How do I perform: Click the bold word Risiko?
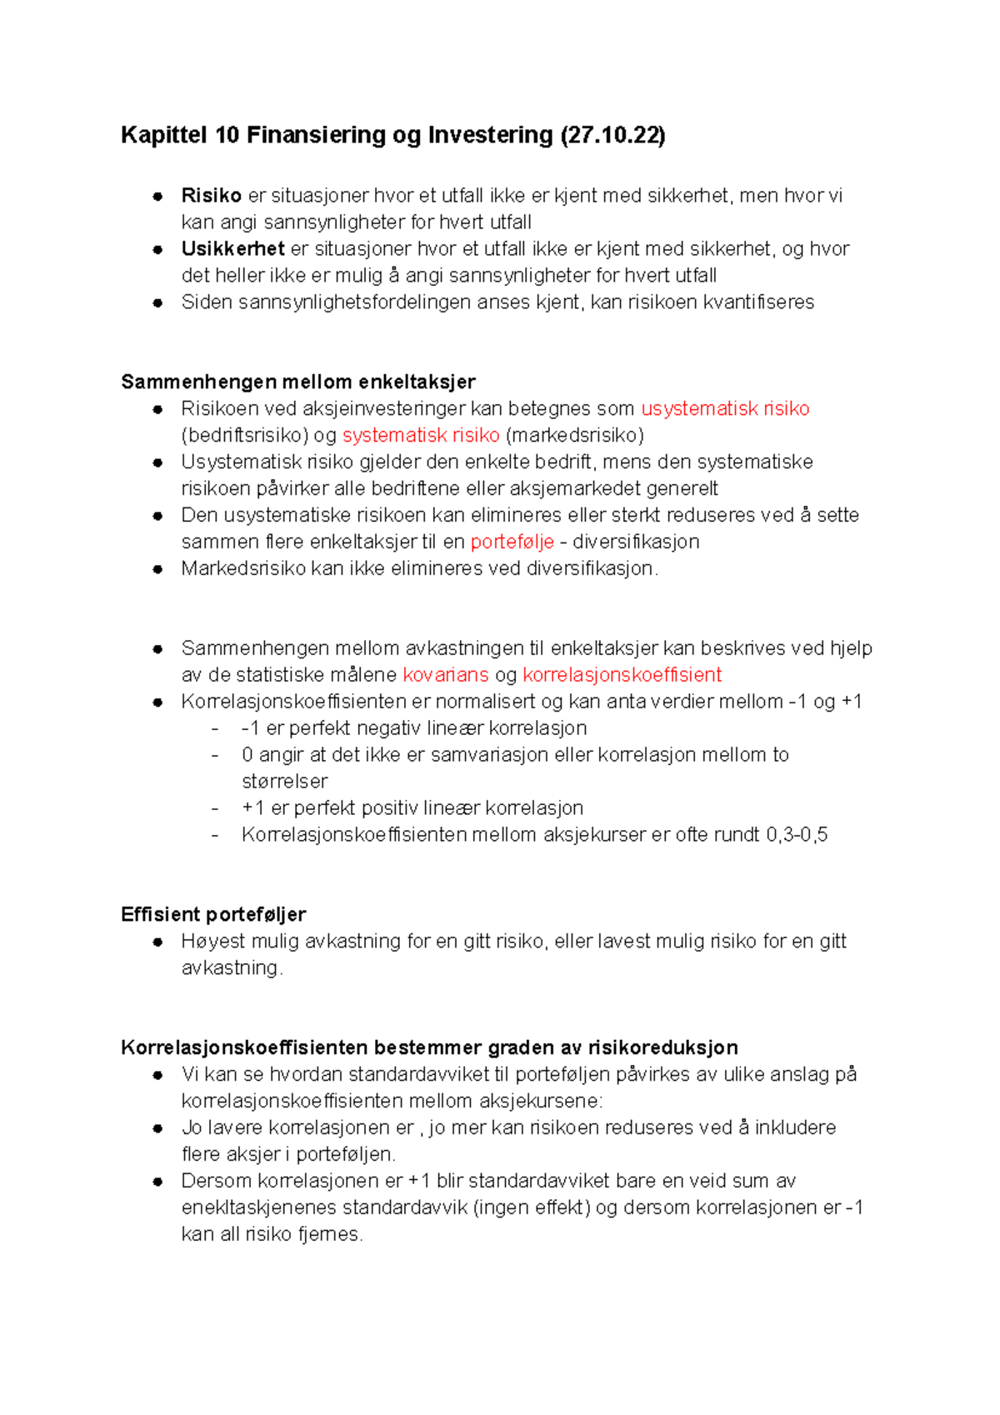pyautogui.click(x=211, y=196)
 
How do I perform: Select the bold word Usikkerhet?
pyautogui.click(x=232, y=249)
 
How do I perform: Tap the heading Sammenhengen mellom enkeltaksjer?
pyautogui.click(x=297, y=382)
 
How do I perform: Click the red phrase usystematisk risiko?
pyautogui.click(x=725, y=408)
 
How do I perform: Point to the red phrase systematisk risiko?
pyautogui.click(x=421, y=435)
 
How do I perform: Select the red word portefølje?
pyautogui.click(x=512, y=542)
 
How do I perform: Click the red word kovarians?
pyautogui.click(x=445, y=675)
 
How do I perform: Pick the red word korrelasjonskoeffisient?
pyautogui.click(x=622, y=675)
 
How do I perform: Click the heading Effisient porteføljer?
pyautogui.click(x=213, y=914)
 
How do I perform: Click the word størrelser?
pyautogui.click(x=284, y=782)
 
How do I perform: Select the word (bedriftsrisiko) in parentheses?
pyautogui.click(x=244, y=435)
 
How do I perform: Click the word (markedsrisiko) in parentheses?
pyautogui.click(x=574, y=435)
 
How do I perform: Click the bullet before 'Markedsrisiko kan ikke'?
pyautogui.click(x=157, y=569)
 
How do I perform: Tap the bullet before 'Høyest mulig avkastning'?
pyautogui.click(x=157, y=942)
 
